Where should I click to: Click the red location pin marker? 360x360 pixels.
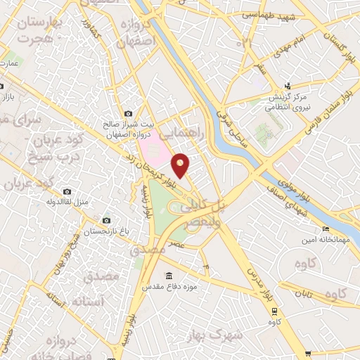[181, 165]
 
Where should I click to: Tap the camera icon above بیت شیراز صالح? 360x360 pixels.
[128, 113]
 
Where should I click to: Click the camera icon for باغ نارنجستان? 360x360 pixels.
[106, 221]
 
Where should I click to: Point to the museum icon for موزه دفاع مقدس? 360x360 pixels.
[167, 276]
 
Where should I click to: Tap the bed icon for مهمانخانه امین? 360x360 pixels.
[325, 229]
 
